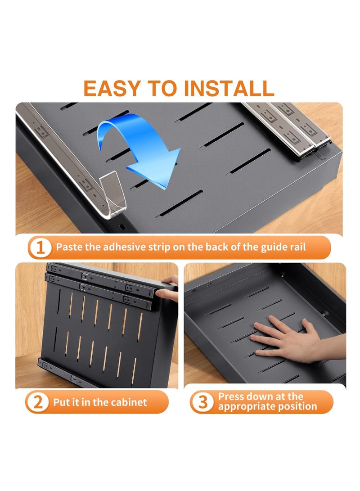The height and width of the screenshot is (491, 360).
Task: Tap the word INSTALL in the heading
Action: click(229, 88)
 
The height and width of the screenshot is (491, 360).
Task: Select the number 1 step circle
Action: click(40, 248)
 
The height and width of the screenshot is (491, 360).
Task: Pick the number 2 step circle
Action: click(37, 402)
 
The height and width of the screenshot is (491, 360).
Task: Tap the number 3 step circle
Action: click(202, 402)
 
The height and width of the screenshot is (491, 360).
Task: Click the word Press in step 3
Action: click(231, 396)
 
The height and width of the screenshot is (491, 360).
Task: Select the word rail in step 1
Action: click(298, 247)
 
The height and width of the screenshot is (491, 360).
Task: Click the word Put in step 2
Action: click(62, 402)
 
